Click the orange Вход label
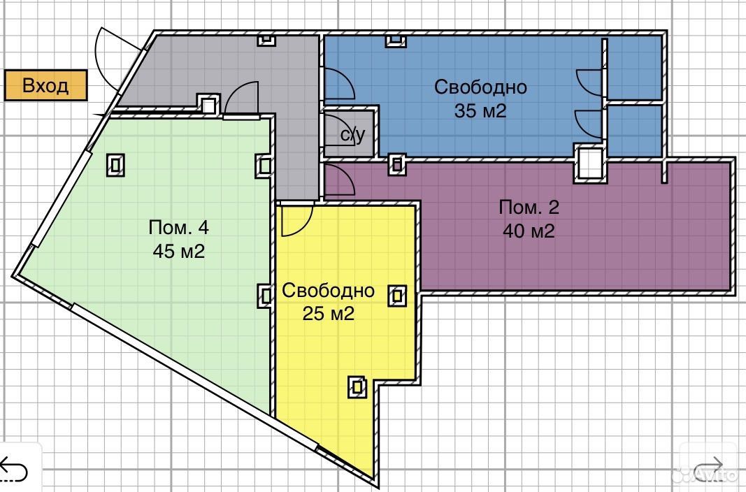coord(45,85)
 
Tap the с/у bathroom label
coord(353,135)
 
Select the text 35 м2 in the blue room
coord(480,110)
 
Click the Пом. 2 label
coord(529,208)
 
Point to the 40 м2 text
coord(529,231)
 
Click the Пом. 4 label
coord(179,227)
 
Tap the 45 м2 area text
coord(179,251)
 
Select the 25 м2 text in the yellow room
coord(329,314)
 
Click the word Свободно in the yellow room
coord(329,291)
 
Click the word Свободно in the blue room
coord(480,87)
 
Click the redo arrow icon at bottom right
coord(709,469)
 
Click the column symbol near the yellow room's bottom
coord(357,387)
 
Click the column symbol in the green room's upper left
coord(115,165)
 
